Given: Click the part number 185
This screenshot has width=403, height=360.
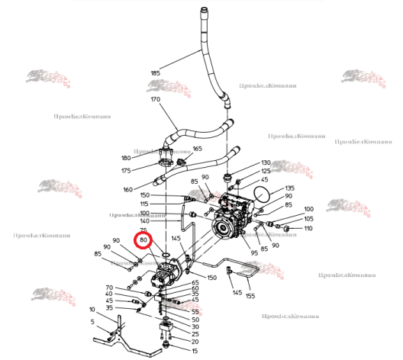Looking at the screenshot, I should click(x=156, y=73).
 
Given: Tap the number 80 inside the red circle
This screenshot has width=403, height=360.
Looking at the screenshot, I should click(x=143, y=242).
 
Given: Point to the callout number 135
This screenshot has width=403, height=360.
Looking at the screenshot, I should click(x=289, y=188).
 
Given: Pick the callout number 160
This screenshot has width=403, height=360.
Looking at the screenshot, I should click(x=127, y=189).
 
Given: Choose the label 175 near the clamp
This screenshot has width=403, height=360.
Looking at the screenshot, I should click(x=127, y=171).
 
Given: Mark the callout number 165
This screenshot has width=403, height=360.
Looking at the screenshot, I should click(x=197, y=149).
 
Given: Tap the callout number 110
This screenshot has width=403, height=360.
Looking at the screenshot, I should click(x=308, y=229).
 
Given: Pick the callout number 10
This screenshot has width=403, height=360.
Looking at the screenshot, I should click(x=92, y=310).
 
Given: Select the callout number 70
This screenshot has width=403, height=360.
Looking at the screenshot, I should click(x=109, y=287).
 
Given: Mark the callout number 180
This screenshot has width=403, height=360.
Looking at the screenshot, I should click(x=127, y=158).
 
